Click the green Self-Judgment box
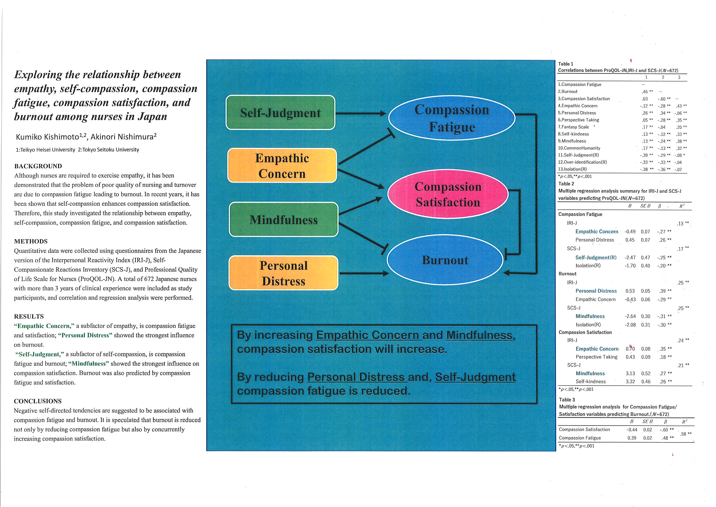(280, 112)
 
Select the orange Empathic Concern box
(282, 165)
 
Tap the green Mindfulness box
(283, 220)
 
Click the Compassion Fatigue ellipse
(452, 118)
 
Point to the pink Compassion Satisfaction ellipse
(448, 194)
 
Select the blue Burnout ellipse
(445, 260)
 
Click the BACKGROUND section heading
(38, 166)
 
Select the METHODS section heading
(31, 241)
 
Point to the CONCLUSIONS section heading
(38, 401)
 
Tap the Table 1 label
(565, 64)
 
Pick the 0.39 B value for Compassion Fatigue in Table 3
(632, 438)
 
